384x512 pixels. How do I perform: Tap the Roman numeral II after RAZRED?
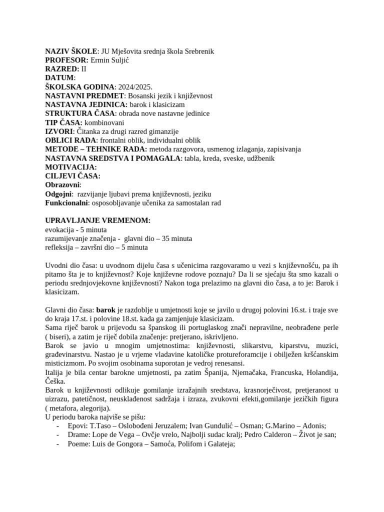(x=84, y=68)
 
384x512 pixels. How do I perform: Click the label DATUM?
(x=59, y=77)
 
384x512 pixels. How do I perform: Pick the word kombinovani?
(x=104, y=122)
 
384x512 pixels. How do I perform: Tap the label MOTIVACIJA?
(x=70, y=167)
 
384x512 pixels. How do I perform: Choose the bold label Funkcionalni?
(x=66, y=203)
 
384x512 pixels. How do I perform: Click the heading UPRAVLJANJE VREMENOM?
(x=97, y=221)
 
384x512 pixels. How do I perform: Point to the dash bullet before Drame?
(x=59, y=435)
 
